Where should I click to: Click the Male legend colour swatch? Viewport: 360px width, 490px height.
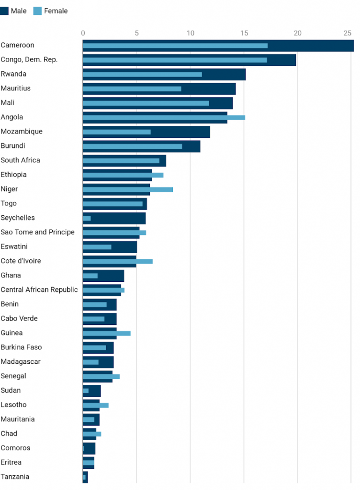[x=5, y=11]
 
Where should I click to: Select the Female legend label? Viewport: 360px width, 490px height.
[x=56, y=11]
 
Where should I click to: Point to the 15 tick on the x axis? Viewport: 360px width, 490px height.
[x=244, y=33]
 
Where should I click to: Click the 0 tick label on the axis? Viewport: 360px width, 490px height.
[x=83, y=33]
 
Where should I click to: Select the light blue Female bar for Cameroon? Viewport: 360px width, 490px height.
[x=175, y=45]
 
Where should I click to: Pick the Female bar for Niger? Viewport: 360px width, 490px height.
[x=127, y=189]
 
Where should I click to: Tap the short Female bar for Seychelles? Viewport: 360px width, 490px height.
[x=87, y=218]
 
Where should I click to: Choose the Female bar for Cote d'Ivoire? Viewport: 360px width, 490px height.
[x=117, y=261]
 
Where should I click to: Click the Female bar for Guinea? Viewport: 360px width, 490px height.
[x=106, y=333]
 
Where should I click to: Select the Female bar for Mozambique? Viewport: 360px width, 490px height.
[x=116, y=132]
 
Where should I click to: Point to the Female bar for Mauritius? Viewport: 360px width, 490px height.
[x=132, y=89]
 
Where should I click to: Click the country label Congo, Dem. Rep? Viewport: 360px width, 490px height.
[x=29, y=60]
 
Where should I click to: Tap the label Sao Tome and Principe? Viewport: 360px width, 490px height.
[x=37, y=232]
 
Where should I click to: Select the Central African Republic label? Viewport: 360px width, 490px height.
[x=39, y=290]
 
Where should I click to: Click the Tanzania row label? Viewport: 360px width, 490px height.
[x=15, y=477]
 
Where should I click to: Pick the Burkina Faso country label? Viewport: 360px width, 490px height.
[x=21, y=347]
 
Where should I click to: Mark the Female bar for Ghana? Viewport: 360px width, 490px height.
[x=90, y=276]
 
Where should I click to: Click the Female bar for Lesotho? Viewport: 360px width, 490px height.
[x=95, y=405]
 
